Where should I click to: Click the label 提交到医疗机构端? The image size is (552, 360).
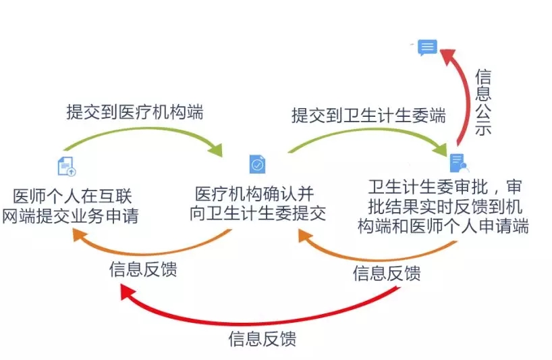[135, 112]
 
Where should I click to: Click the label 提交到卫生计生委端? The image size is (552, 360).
[368, 115]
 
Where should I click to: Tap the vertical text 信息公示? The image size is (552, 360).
[482, 102]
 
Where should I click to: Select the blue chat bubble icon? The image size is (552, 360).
[426, 48]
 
